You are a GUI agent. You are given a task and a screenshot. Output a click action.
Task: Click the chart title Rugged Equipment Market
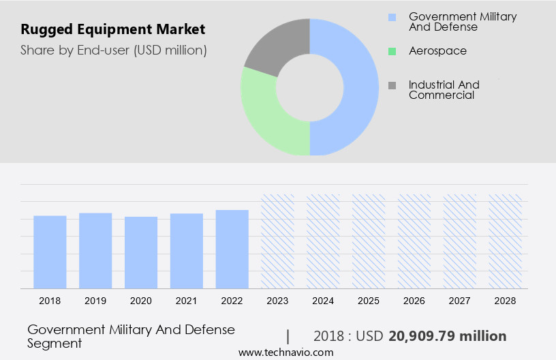tap(112, 30)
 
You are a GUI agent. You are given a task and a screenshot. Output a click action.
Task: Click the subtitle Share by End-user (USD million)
tap(114, 50)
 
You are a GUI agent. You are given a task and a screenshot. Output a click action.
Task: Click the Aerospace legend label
tap(437, 50)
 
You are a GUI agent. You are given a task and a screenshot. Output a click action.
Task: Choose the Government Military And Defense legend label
tap(462, 21)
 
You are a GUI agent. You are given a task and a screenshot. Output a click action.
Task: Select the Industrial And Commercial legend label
tap(444, 89)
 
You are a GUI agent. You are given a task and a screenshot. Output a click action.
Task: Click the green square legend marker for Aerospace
tap(392, 51)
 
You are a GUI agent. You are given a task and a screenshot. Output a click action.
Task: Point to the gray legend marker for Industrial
tap(392, 85)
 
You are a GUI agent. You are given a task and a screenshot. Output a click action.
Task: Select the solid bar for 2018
tap(50, 252)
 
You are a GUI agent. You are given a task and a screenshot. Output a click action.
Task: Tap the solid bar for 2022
tap(232, 249)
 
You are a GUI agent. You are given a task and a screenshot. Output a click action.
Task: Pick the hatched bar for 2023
tap(278, 241)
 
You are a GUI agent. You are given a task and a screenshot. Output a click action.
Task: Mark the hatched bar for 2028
tap(505, 241)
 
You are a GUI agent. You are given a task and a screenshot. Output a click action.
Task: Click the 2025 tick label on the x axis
tap(369, 300)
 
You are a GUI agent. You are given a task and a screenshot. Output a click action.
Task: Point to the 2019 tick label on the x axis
tap(95, 300)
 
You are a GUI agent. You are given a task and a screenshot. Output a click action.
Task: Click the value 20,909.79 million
tap(447, 336)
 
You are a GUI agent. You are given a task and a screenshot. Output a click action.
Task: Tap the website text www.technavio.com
tap(285, 352)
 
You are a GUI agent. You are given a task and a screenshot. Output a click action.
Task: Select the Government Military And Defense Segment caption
tap(131, 336)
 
